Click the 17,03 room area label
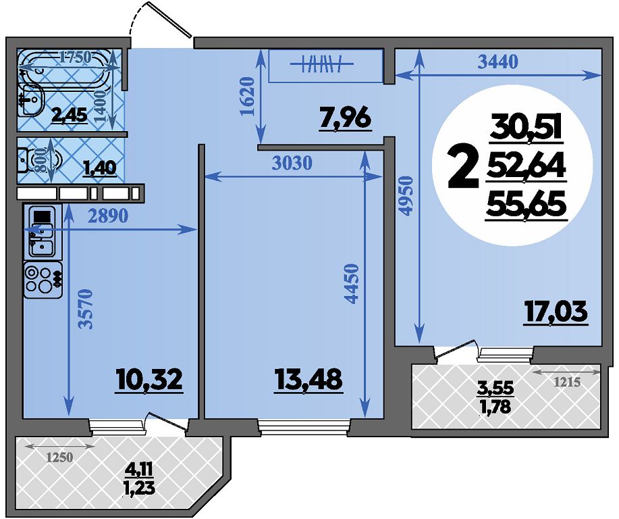[556, 312]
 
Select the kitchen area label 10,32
[150, 380]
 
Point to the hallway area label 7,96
[346, 118]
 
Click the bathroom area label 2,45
[70, 116]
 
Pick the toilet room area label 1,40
[99, 168]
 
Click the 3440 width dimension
[497, 61]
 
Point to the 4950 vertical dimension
[406, 196]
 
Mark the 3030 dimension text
[292, 162]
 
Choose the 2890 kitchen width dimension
[108, 216]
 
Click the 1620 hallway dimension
[247, 97]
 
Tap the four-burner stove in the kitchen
[43, 280]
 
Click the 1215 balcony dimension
[567, 382]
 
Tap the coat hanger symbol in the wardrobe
[322, 64]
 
